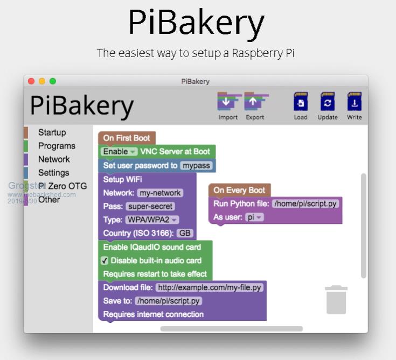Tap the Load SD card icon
pyautogui.click(x=301, y=102)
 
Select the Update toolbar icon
pyautogui.click(x=328, y=102)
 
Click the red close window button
pyautogui.click(x=31, y=81)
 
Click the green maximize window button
pyautogui.click(x=53, y=81)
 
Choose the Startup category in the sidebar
pyautogui.click(x=52, y=132)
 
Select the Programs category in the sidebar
pyautogui.click(x=57, y=146)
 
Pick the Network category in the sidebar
pyautogui.click(x=54, y=159)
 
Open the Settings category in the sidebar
pyautogui.click(x=53, y=173)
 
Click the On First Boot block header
pyautogui.click(x=127, y=138)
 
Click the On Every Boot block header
pyautogui.click(x=239, y=190)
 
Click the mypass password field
pyautogui.click(x=196, y=166)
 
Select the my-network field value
pyautogui.click(x=160, y=193)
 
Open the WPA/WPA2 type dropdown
pyautogui.click(x=152, y=220)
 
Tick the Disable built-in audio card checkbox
pyautogui.click(x=105, y=260)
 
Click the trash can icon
pyautogui.click(x=336, y=300)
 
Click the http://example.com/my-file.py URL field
pyautogui.click(x=210, y=287)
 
